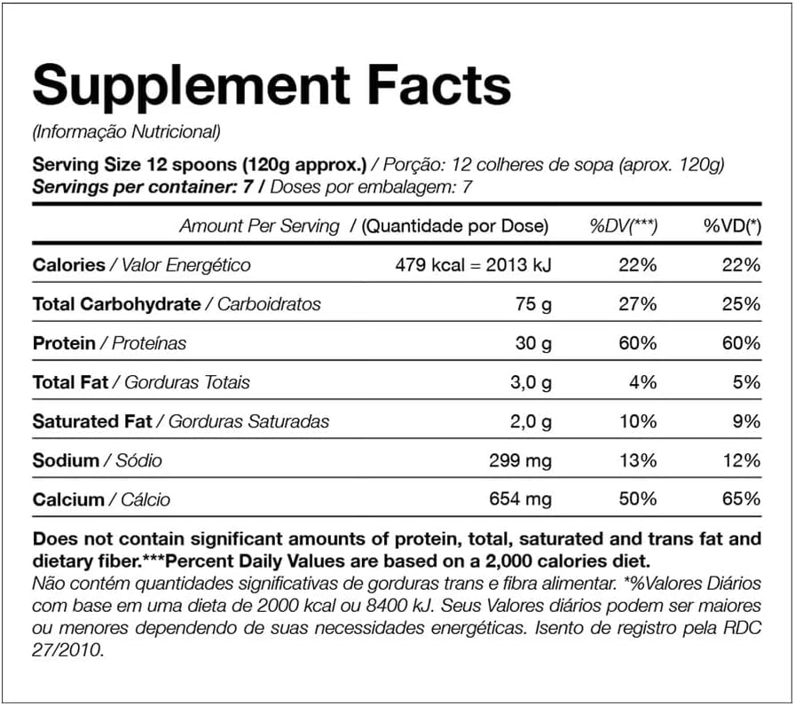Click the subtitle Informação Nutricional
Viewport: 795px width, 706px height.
coord(125,132)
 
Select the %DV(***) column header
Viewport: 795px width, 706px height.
coord(624,226)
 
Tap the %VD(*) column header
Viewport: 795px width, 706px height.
coord(732,226)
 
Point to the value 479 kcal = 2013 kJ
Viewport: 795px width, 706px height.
coord(473,264)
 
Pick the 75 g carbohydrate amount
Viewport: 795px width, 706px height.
coord(532,303)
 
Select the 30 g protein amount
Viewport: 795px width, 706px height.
coord(532,342)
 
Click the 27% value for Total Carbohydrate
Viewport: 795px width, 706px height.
coord(639,303)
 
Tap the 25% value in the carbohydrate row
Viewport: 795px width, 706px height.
coord(743,303)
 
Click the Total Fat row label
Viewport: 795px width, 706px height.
coord(70,382)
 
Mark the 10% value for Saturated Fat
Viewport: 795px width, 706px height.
coord(639,421)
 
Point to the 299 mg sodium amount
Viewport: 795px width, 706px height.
coord(520,460)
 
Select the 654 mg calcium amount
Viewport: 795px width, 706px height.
coord(520,499)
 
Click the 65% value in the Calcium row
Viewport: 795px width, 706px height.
coord(743,499)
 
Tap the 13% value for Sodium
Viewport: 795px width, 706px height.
coord(639,460)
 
